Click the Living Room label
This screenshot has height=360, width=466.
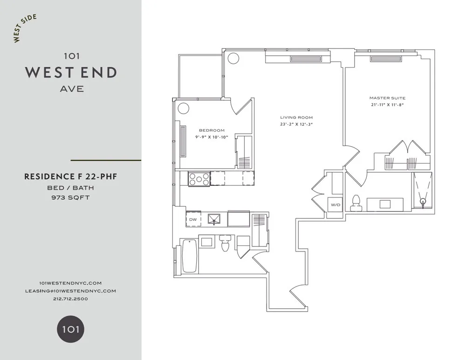296,117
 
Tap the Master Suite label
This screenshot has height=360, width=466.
387,98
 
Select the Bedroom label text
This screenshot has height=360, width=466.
212,130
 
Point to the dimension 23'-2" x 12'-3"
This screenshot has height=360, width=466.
296,124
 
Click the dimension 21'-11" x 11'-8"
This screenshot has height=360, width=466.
387,105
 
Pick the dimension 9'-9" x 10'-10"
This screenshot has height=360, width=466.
212,137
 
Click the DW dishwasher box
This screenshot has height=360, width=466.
192,219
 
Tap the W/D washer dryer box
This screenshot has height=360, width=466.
335,205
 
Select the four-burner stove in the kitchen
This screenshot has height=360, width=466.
199,178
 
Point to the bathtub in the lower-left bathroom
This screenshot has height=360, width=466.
189,256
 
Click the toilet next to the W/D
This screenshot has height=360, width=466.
356,201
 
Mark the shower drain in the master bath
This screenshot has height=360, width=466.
423,202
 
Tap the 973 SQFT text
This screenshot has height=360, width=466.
70,197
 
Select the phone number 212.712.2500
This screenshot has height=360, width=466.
70,299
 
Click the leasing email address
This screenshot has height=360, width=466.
70,291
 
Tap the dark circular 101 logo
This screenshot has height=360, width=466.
70,330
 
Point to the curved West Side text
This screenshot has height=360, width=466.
25,28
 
